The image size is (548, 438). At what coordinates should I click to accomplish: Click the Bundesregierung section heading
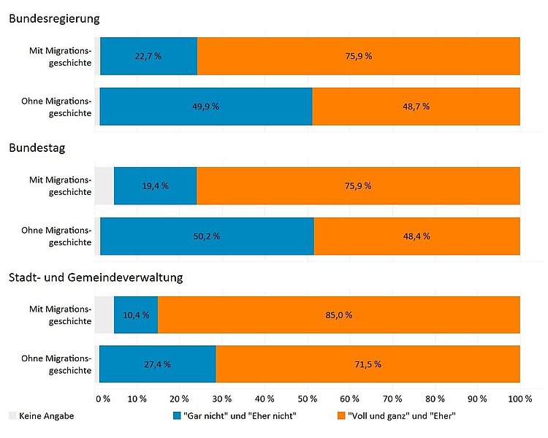point(54,19)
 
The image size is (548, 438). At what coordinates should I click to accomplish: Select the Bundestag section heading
point(37,148)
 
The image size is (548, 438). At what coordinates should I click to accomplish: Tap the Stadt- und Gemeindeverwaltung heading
point(96,277)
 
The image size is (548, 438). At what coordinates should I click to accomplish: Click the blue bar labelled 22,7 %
point(148,56)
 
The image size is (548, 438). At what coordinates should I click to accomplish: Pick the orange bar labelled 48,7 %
point(416,106)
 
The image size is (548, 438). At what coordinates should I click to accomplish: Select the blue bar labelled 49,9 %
point(205,106)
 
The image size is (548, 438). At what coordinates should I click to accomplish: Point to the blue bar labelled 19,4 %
point(155,185)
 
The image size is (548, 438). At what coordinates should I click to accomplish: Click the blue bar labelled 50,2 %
point(207,236)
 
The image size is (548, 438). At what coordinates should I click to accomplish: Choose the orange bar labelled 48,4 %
point(416,236)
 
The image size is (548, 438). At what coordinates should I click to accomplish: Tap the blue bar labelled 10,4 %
point(136,315)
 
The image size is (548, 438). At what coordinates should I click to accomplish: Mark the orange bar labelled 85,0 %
point(338,315)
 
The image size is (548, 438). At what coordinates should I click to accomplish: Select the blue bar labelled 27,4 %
point(157,364)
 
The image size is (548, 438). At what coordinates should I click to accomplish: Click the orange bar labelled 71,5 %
point(368,364)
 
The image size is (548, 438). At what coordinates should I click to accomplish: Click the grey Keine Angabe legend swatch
point(12,415)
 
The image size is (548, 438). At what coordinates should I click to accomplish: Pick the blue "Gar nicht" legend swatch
point(175,415)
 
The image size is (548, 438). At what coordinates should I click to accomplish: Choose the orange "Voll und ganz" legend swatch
point(340,415)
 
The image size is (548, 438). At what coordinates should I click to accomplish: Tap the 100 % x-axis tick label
point(520,399)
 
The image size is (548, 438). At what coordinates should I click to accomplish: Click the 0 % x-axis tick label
point(102,399)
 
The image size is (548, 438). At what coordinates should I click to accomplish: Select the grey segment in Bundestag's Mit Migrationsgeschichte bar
point(104,185)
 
